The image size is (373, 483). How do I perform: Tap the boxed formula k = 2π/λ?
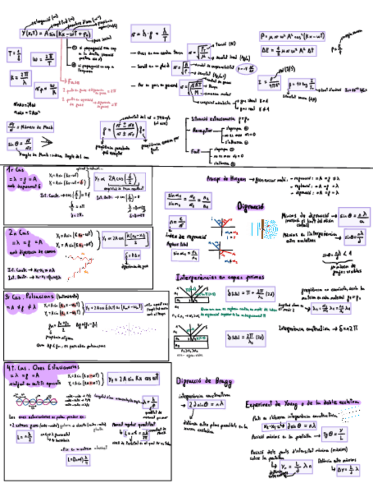click(22, 76)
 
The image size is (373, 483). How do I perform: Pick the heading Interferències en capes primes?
click(220, 278)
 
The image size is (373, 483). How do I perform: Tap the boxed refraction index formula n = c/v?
click(178, 220)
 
